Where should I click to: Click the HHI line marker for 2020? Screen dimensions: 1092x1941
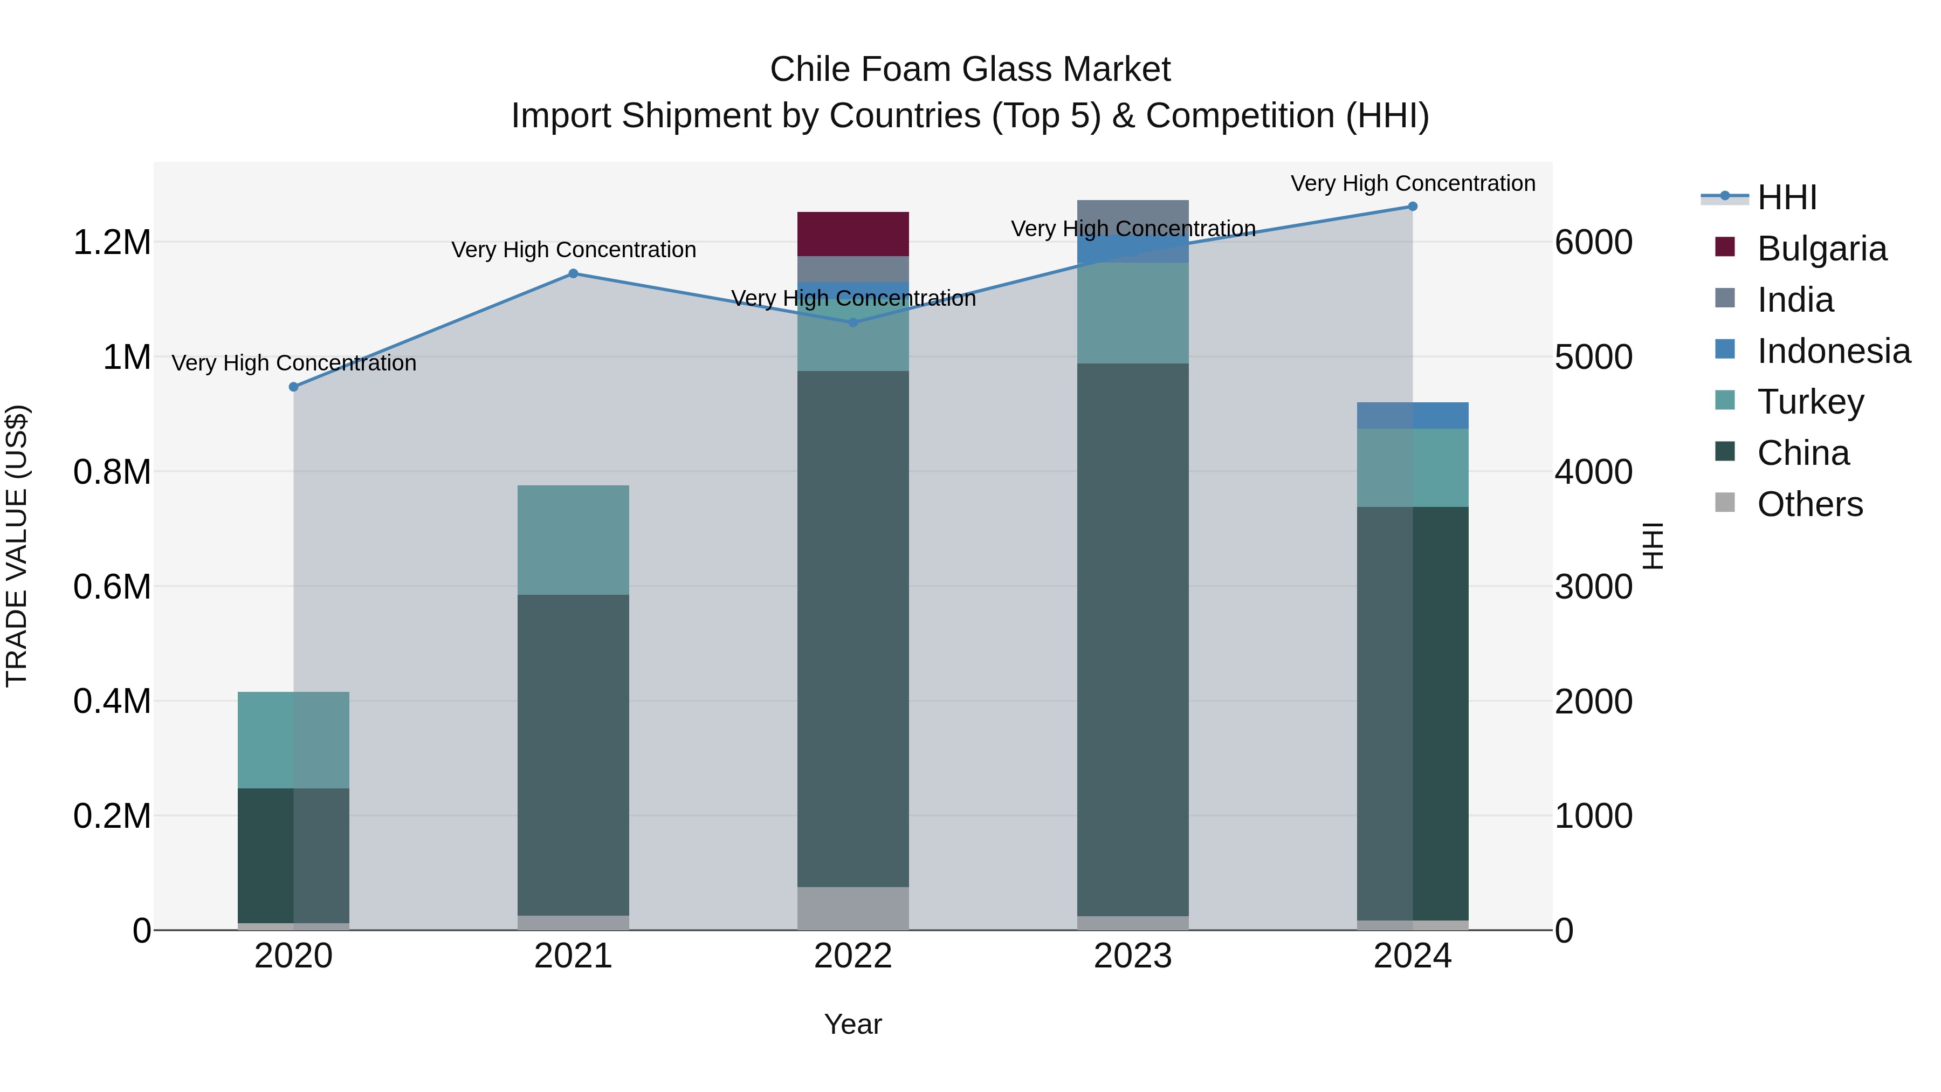tap(294, 387)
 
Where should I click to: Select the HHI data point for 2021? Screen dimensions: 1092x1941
tap(574, 273)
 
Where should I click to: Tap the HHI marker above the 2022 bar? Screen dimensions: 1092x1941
tap(853, 322)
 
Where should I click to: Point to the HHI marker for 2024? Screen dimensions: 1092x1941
tap(1413, 207)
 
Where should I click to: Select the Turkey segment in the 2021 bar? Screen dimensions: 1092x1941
tap(574, 540)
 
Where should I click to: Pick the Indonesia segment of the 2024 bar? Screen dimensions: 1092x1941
tap(1413, 415)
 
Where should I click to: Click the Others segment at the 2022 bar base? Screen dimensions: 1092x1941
tap(853, 908)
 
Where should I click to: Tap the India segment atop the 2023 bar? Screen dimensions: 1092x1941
tap(1132, 210)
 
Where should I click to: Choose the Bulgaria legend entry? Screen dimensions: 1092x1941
tap(1822, 249)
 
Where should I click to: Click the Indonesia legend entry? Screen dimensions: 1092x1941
tap(1833, 351)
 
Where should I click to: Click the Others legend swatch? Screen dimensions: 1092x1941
tap(1725, 503)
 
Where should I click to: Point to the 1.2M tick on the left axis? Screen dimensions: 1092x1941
tap(112, 243)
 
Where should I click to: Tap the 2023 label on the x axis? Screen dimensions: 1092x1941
tap(1132, 956)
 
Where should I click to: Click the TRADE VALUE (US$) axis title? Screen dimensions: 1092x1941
tap(17, 546)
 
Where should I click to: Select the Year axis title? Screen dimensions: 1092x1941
tap(853, 1024)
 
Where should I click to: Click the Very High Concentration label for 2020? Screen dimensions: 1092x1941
tap(294, 363)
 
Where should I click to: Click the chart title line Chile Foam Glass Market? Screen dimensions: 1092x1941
tap(970, 70)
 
